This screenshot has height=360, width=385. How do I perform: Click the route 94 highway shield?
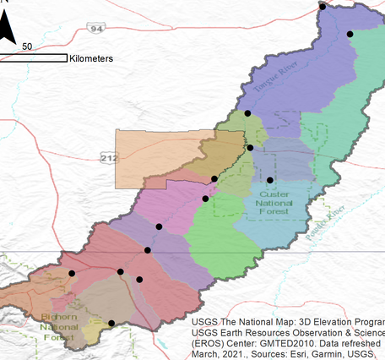pos(99,28)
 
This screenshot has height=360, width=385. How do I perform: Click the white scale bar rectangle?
pos(34,58)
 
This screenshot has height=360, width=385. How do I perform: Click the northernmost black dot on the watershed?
pos(322,6)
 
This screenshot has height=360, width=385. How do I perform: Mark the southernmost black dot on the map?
pos(111,323)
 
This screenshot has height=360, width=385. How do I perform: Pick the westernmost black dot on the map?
pos(72,274)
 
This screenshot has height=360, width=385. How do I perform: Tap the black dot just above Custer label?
pos(269,180)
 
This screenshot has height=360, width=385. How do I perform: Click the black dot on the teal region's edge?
pos(350,34)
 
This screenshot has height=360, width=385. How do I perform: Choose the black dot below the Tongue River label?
pos(247,112)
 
